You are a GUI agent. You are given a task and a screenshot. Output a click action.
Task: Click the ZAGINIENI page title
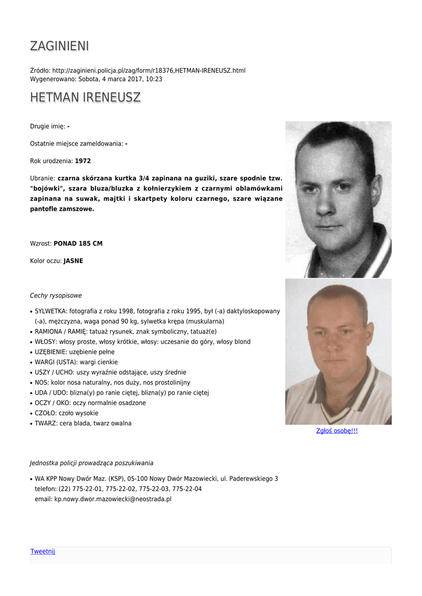59,46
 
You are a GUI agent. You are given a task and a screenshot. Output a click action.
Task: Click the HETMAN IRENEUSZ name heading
85,97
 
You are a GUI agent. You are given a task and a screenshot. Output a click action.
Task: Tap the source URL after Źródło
149,70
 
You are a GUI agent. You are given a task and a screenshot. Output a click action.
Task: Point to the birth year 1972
83,161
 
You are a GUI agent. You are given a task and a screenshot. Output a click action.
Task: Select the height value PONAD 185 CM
78,243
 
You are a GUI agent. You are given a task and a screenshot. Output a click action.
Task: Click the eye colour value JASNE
73,261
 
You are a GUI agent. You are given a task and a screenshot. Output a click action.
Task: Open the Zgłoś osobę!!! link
336,431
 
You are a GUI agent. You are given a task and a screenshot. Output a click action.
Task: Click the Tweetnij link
42,551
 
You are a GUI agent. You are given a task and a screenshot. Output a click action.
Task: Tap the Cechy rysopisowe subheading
56,296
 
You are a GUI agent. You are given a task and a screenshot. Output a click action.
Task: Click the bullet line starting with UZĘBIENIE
75,352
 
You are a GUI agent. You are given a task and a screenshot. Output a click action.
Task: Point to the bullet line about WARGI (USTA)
76,362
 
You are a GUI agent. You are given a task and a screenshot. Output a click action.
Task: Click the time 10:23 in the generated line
154,79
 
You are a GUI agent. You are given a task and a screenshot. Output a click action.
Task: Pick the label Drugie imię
47,126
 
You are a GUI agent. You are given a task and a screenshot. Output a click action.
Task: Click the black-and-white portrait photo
338,199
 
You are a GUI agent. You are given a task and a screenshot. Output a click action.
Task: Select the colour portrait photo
338,352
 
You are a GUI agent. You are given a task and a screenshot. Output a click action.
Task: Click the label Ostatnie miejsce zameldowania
76,144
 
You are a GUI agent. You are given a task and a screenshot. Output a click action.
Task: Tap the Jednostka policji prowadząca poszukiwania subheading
91,463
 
